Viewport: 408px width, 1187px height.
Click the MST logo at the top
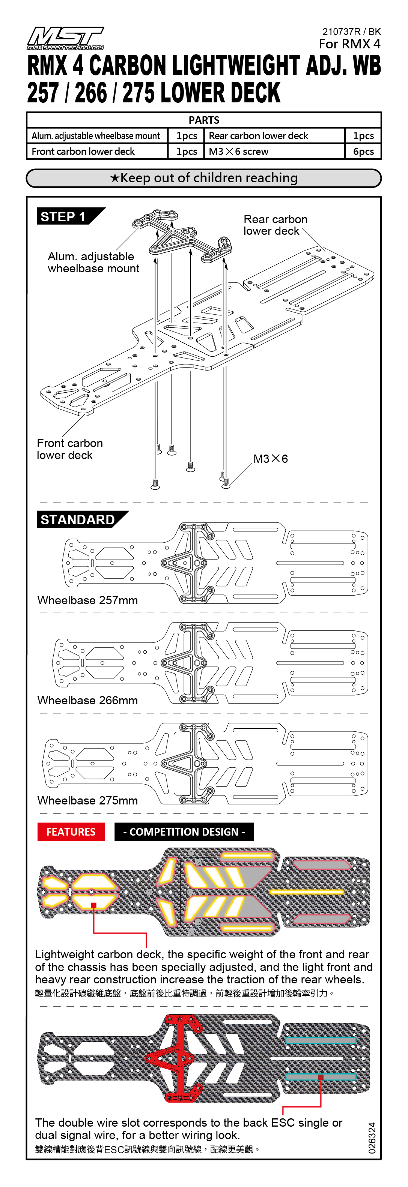pyautogui.click(x=65, y=38)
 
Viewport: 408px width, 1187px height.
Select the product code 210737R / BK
pyautogui.click(x=351, y=32)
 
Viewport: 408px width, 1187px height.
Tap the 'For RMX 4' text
pyautogui.click(x=349, y=44)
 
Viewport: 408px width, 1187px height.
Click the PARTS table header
pyautogui.click(x=204, y=120)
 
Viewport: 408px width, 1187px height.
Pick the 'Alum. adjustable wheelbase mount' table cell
pyautogui.click(x=96, y=136)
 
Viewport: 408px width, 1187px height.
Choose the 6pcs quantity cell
pyautogui.click(x=363, y=152)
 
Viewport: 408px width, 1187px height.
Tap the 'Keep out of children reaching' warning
pyautogui.click(x=204, y=178)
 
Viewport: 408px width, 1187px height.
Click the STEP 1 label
pyautogui.click(x=63, y=216)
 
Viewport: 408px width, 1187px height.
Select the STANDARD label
pyautogui.click(x=77, y=520)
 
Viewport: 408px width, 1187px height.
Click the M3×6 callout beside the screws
pyautogui.click(x=271, y=459)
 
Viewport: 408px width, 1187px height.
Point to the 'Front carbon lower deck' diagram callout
pyautogui.click(x=69, y=449)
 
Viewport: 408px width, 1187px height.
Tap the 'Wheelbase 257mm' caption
pyautogui.click(x=87, y=600)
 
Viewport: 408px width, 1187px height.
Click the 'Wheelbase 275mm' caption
pyautogui.click(x=87, y=800)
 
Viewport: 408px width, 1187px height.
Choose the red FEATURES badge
pyautogui.click(x=71, y=832)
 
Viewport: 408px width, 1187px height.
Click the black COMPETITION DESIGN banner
pyautogui.click(x=184, y=832)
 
